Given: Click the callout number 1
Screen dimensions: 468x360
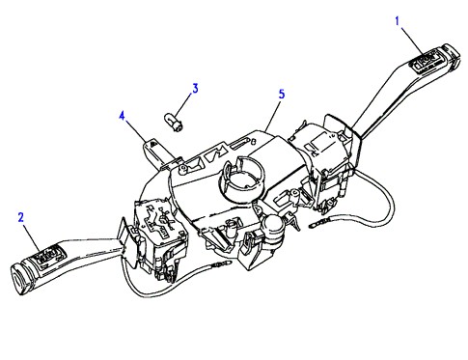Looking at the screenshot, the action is tap(398, 21).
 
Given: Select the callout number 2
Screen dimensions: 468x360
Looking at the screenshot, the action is tap(21, 217).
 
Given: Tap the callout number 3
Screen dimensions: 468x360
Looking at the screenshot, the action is tap(195, 88).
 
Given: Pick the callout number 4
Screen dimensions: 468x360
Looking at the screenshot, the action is tap(122, 116).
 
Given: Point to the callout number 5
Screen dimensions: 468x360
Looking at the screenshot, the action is tap(282, 95).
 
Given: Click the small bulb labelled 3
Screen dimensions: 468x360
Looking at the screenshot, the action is tap(174, 124).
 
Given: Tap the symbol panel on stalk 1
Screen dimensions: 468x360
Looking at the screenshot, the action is tap(424, 62).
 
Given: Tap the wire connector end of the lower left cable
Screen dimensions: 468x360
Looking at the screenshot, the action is tap(221, 264).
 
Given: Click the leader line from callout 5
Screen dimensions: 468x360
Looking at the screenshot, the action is tap(273, 115).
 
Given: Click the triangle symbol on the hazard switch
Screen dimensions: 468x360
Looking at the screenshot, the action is tap(153, 145).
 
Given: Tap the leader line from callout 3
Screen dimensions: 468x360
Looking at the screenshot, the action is tap(184, 108).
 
